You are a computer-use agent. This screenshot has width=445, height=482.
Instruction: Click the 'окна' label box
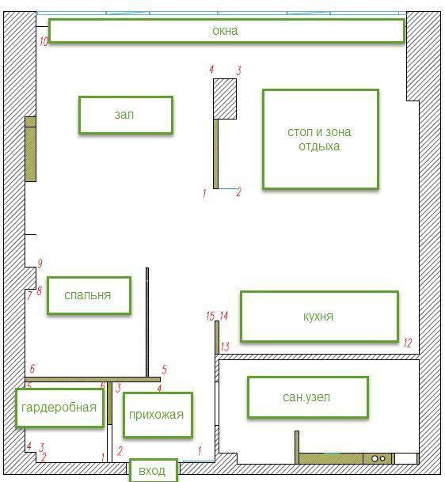(x=226, y=31)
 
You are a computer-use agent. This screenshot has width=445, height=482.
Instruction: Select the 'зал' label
(x=126, y=115)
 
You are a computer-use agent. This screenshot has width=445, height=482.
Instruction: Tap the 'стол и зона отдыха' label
(x=321, y=139)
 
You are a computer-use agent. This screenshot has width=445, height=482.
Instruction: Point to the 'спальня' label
(x=89, y=295)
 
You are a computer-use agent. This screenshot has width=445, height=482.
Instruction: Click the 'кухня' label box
(x=319, y=317)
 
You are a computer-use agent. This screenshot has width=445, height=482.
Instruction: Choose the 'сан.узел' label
(x=308, y=397)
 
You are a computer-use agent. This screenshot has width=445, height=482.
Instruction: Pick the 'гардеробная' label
(x=59, y=408)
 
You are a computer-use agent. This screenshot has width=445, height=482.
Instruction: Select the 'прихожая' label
(x=158, y=415)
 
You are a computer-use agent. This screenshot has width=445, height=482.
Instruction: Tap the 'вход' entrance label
(x=154, y=470)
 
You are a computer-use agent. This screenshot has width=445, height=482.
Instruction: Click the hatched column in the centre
(x=225, y=99)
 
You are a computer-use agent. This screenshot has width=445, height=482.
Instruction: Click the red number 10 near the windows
(x=44, y=41)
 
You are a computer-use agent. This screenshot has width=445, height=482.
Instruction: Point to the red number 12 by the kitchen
(x=408, y=343)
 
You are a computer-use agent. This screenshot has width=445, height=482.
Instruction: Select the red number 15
(x=210, y=316)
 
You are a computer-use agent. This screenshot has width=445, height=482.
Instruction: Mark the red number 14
(x=223, y=316)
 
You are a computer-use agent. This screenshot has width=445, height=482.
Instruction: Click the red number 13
(x=225, y=347)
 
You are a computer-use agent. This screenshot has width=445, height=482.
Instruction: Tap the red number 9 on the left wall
(x=40, y=264)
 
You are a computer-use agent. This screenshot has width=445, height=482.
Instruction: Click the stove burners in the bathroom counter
(x=378, y=458)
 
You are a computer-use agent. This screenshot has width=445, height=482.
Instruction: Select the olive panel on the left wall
(x=30, y=149)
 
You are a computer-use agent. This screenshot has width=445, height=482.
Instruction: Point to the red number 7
(x=29, y=296)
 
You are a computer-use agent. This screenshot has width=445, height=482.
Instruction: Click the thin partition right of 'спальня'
(x=147, y=322)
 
